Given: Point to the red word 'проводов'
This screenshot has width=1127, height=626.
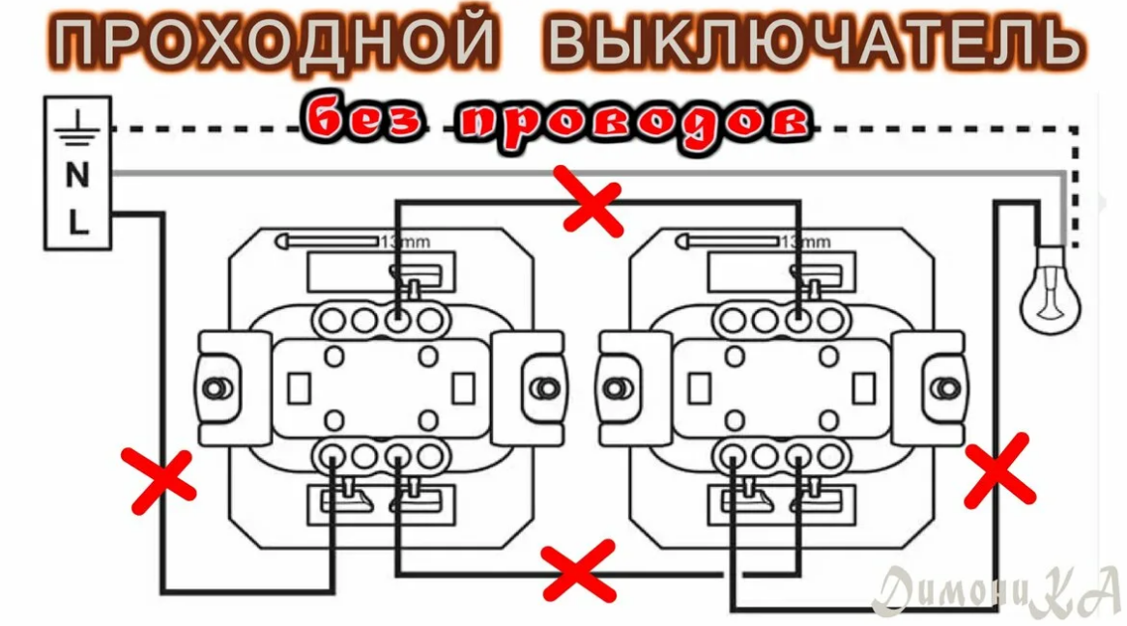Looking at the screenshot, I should coord(633,122).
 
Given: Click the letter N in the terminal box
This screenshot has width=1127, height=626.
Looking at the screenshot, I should coord(77,176).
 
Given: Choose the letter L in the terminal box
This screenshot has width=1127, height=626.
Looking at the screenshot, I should coord(77,224).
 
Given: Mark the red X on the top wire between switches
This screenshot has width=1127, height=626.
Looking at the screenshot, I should coord(592,200).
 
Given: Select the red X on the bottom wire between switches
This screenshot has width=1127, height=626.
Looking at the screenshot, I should coord(577,570).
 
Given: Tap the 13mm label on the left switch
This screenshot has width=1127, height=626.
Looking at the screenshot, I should coord(405,242).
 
